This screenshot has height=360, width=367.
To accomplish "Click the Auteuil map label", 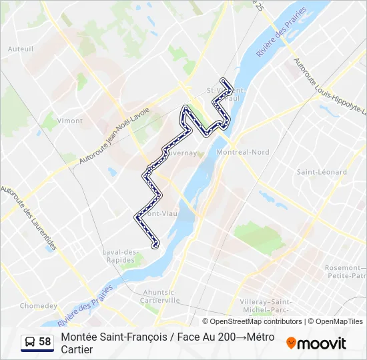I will tap(20, 49).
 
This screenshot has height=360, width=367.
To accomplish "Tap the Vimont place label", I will tap(70, 121).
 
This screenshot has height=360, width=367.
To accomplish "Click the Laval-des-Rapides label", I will tap(120, 255).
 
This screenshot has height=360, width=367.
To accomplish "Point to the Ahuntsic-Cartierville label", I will tap(161, 296).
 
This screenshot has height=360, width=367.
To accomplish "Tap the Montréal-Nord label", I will tap(243, 152).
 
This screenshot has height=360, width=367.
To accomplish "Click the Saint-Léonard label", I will tap(322, 172).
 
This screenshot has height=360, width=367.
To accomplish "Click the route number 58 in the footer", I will tap(45, 342).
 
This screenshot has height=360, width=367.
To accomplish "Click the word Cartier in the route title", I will tap(76, 349).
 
